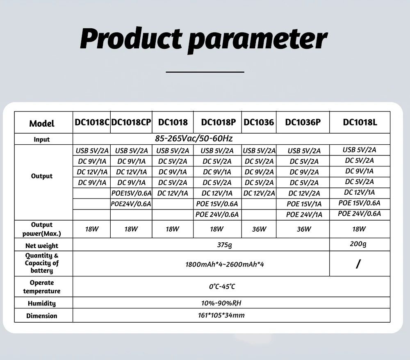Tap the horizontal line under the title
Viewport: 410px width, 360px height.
205,72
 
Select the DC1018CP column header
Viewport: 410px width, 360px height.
131,122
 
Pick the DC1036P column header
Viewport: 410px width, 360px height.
303,122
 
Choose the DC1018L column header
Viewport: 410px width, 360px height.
360,122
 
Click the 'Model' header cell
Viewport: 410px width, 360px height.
42,123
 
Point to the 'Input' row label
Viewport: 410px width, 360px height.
42,139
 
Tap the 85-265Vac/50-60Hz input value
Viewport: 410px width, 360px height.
194,139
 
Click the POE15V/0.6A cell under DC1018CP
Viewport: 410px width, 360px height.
131,193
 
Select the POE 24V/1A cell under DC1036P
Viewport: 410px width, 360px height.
304,214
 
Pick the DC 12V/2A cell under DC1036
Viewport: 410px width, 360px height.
259,193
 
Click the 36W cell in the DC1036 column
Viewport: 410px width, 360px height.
259,229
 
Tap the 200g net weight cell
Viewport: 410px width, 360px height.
359,244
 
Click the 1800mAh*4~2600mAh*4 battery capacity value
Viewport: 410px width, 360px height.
224,264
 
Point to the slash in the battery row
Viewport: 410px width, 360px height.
358,264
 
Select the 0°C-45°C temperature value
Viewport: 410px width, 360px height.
222,287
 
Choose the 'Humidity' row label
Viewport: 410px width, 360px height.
42,303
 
